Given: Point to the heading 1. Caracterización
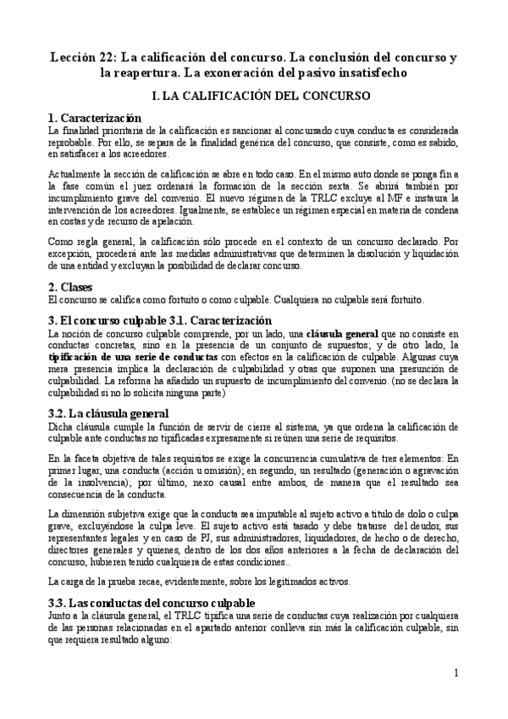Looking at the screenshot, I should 94,117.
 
